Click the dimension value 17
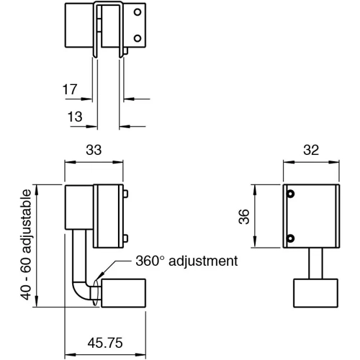point(69,90)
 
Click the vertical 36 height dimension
point(243,215)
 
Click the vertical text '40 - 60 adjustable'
point(26,246)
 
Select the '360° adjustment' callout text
point(185,261)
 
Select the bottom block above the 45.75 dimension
point(125,295)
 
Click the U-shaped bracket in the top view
point(109,29)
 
